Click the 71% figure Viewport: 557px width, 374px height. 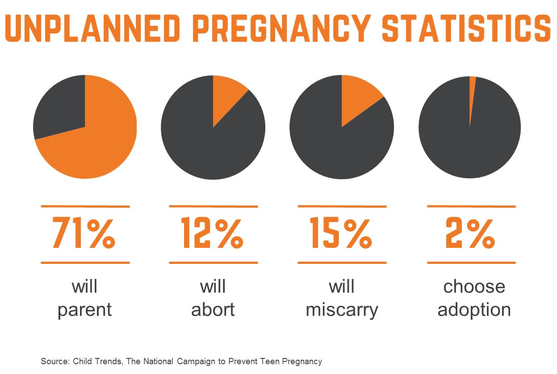[84, 233]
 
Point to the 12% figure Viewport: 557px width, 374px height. [213, 233]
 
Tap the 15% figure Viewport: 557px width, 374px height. [341, 233]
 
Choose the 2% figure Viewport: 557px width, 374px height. [470, 233]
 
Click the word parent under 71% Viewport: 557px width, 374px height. [84, 310]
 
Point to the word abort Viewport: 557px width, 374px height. [213, 310]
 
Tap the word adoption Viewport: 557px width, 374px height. [474, 310]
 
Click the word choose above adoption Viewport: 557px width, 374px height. [474, 287]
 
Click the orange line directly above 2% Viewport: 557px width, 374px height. [471, 206]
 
